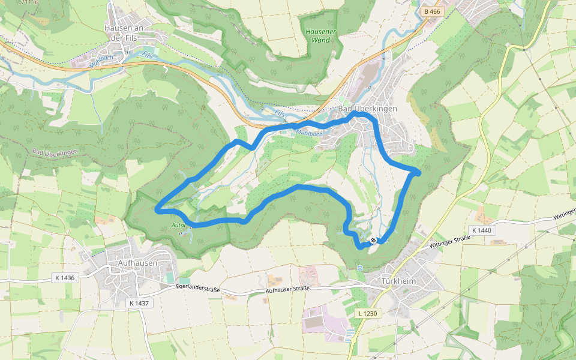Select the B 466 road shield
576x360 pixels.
click(x=431, y=11)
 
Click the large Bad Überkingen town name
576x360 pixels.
click(x=368, y=109)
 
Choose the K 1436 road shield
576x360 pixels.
click(x=66, y=278)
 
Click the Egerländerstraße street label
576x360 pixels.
click(x=198, y=289)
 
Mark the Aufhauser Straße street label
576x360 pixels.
click(x=287, y=289)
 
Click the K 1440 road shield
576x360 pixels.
click(x=481, y=230)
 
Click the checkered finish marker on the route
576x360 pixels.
click(x=373, y=241)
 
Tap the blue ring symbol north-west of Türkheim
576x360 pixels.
click(x=359, y=268)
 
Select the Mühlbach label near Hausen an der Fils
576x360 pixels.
click(x=101, y=61)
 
